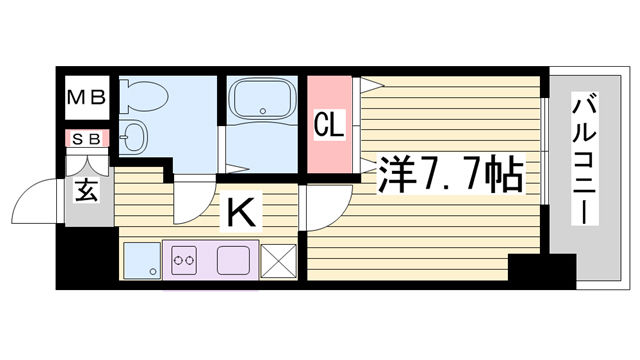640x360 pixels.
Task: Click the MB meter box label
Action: [x=87, y=98]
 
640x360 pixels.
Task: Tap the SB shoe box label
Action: [x=87, y=140]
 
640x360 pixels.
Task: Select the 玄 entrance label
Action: [x=87, y=191]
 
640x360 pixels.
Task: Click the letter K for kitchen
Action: [x=241, y=212]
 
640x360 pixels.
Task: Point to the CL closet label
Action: [x=329, y=124]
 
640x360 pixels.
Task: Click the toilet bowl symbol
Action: [x=144, y=97]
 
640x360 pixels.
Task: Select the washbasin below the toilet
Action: [x=133, y=136]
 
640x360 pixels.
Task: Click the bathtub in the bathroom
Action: [x=262, y=98]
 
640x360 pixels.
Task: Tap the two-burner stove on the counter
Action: [x=183, y=260]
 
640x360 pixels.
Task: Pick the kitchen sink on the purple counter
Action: [x=233, y=260]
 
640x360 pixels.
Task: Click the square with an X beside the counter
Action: [x=278, y=261]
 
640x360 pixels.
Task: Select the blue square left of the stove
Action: [x=142, y=261]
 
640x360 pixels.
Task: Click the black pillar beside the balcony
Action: [x=542, y=271]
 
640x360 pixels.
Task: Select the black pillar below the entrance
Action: [x=87, y=258]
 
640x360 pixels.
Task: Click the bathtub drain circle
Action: [x=262, y=111]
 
